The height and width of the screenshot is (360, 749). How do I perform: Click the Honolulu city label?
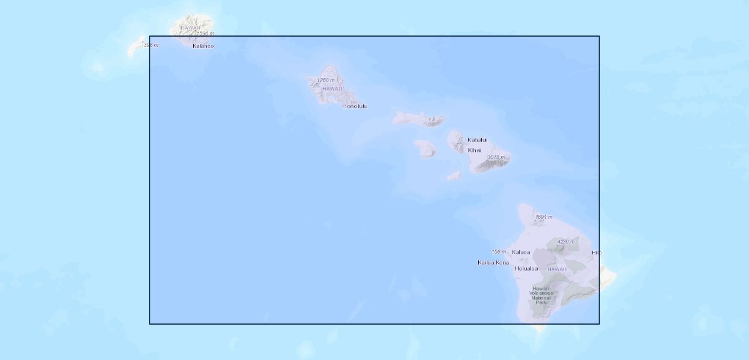pos(355,106)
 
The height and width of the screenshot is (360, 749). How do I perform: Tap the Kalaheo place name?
pos(203,46)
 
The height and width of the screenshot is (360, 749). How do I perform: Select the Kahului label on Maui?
pos(477,140)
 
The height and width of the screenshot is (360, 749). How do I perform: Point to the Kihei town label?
pos(475,150)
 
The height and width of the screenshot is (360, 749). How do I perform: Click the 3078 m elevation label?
pos(496,157)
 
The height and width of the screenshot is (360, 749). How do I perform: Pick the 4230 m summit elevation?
pos(566,242)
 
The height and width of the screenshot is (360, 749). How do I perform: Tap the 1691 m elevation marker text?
pos(544,217)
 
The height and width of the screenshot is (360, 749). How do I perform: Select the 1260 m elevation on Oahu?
pos(326,80)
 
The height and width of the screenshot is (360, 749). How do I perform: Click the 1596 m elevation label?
pos(205,34)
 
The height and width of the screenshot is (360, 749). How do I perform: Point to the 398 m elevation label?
pos(151,45)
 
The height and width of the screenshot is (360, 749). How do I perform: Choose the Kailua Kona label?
pos(493,262)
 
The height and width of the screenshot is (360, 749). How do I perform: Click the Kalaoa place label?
pos(521,252)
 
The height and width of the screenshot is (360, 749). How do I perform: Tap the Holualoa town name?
pos(526,268)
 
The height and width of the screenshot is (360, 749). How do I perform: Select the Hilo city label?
pos(597,253)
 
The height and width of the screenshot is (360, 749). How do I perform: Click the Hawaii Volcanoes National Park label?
pos(541,295)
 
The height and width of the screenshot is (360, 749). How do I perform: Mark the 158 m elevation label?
pos(499,252)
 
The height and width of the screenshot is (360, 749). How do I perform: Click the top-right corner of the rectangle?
pos(599,36)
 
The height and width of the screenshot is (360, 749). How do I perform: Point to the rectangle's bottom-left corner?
pos(149,324)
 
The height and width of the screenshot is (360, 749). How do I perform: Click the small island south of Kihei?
pos(454,176)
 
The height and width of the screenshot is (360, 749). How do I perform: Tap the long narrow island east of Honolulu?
pos(419,119)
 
